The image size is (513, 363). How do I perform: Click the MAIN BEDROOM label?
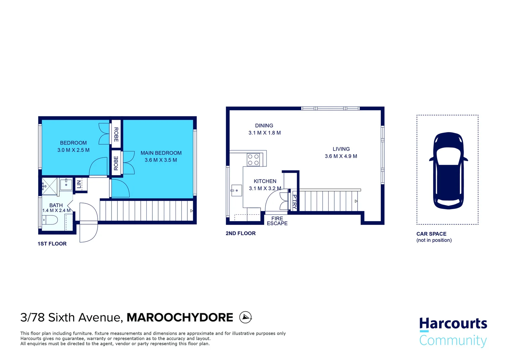[161, 153]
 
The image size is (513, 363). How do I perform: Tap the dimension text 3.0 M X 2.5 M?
[73, 150]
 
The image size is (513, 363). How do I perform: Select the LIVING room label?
[341, 149]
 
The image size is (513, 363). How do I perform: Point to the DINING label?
[264, 126]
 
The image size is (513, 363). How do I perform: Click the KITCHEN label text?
[265, 181]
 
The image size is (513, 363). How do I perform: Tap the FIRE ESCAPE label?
[277, 221]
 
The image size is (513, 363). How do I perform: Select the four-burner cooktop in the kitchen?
[253, 160]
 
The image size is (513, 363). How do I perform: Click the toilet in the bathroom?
[50, 220]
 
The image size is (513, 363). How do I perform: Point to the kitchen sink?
[236, 191]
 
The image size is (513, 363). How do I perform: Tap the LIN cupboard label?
[79, 184]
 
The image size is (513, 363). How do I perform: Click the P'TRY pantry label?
[294, 202]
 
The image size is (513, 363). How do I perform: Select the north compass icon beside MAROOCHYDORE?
[245, 317]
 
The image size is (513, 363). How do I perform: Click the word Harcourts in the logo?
[453, 323]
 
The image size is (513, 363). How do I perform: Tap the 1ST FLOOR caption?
[52, 244]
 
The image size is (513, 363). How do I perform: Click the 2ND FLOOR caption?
[240, 233]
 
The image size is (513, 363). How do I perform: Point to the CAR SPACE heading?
[431, 234]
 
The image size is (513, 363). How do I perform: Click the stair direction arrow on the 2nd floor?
[356, 201]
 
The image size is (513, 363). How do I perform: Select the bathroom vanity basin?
[66, 185]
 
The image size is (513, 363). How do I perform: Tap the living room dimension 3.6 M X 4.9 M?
[341, 156]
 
